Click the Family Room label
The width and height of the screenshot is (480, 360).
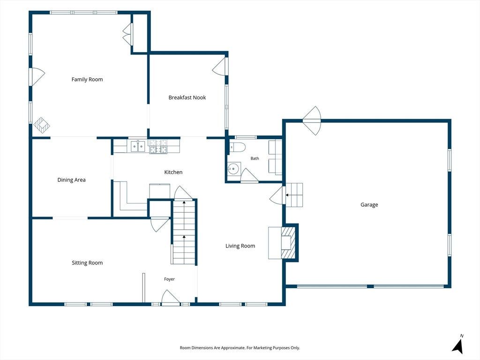[87, 80]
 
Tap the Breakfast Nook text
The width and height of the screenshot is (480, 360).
[187, 97]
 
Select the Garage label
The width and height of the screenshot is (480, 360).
[369, 205]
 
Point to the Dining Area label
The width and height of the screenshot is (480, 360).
[72, 180]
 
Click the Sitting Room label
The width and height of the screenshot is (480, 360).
[87, 263]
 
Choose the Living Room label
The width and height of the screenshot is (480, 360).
[240, 246]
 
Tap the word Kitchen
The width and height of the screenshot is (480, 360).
[173, 172]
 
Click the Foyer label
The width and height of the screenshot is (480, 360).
[169, 279]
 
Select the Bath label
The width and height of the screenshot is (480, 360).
[255, 158]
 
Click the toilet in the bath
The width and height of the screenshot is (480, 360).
[238, 147]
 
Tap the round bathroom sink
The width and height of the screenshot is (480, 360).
[234, 168]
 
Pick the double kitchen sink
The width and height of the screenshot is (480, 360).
[138, 146]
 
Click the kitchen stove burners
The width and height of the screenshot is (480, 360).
[158, 146]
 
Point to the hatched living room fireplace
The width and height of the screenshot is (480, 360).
[289, 242]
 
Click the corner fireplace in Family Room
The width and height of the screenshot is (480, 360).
[42, 125]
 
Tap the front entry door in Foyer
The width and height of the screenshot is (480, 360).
[171, 298]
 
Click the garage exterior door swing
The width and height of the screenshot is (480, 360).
[312, 120]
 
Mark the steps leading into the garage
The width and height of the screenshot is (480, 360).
[294, 195]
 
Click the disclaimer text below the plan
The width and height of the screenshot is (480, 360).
[240, 348]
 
